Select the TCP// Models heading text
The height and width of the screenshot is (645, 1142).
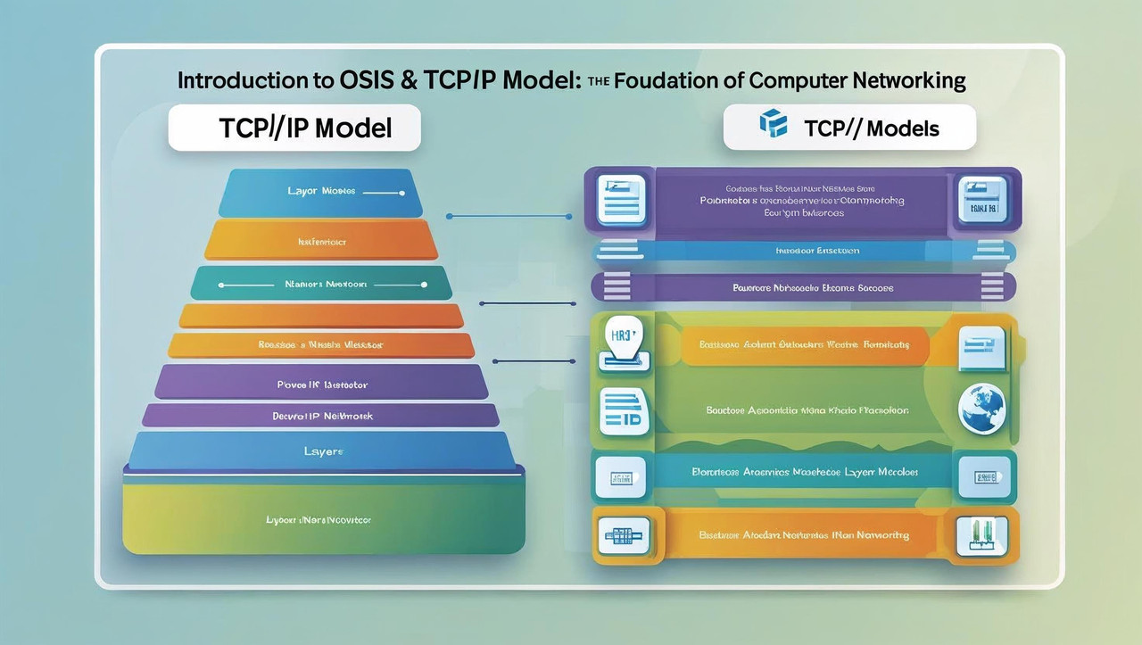coord(871,128)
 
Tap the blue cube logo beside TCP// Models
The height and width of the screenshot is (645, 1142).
coord(773,125)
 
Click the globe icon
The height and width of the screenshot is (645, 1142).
coord(981,409)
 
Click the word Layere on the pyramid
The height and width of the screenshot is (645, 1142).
coord(322,452)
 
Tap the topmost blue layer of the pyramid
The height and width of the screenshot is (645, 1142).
coord(321,191)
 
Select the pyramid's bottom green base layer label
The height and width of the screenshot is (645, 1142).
coord(319,518)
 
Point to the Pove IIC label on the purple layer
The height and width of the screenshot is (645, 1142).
coord(323,385)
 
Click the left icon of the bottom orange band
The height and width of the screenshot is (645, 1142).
coord(623,534)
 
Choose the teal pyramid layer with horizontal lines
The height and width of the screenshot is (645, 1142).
coord(319,285)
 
